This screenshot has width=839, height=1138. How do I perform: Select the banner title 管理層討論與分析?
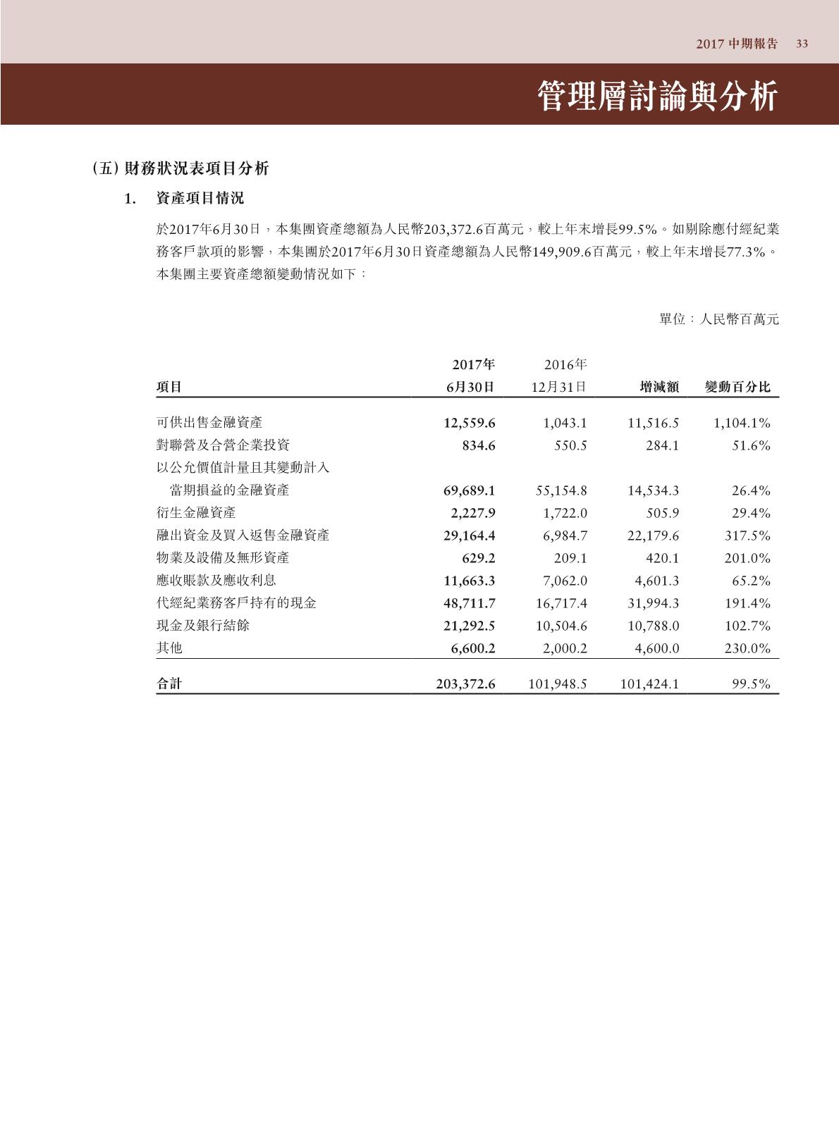tap(657, 97)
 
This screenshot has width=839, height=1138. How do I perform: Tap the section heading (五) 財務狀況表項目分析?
tap(180, 169)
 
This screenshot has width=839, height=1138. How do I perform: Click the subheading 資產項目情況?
tap(200, 199)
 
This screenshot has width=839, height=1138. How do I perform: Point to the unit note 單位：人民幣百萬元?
tap(718, 319)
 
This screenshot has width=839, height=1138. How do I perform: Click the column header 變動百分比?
tap(737, 387)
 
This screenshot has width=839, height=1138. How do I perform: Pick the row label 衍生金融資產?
tap(196, 513)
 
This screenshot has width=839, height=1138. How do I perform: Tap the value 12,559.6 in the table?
tap(469, 423)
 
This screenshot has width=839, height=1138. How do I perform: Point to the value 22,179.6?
tap(653, 536)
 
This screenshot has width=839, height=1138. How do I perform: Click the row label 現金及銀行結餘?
tap(202, 626)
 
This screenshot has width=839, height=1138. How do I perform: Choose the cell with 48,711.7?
tap(469, 603)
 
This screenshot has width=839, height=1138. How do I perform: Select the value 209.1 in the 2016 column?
tap(570, 558)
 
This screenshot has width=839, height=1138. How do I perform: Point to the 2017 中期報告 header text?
tap(737, 44)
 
